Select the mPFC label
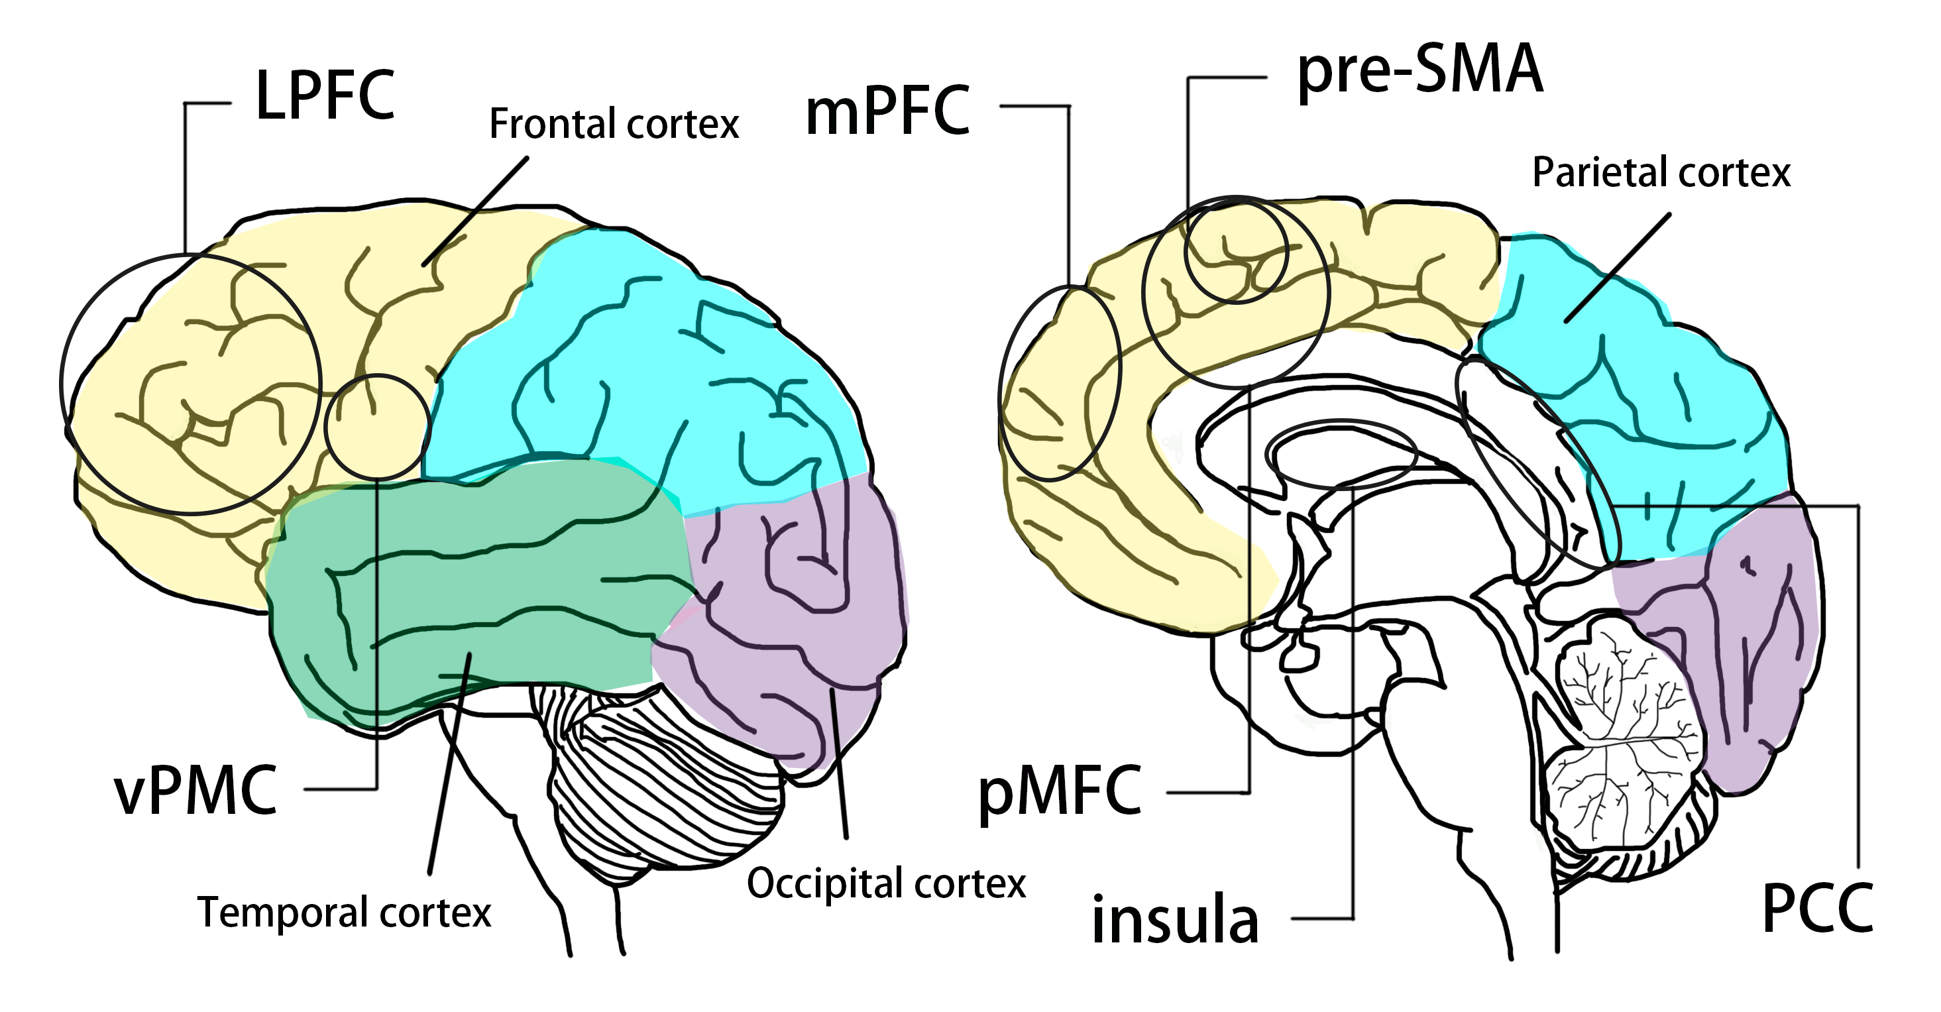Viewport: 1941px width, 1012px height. point(887,111)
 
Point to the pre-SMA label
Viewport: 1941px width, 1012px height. point(1419,70)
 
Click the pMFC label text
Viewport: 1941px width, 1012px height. point(1060,792)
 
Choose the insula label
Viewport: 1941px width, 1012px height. point(1175,920)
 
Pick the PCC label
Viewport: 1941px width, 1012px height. point(1818,909)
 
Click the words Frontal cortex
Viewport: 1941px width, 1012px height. point(614,125)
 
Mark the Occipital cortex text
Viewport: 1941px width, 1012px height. point(886,883)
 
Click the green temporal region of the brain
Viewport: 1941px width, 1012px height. point(482,588)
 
